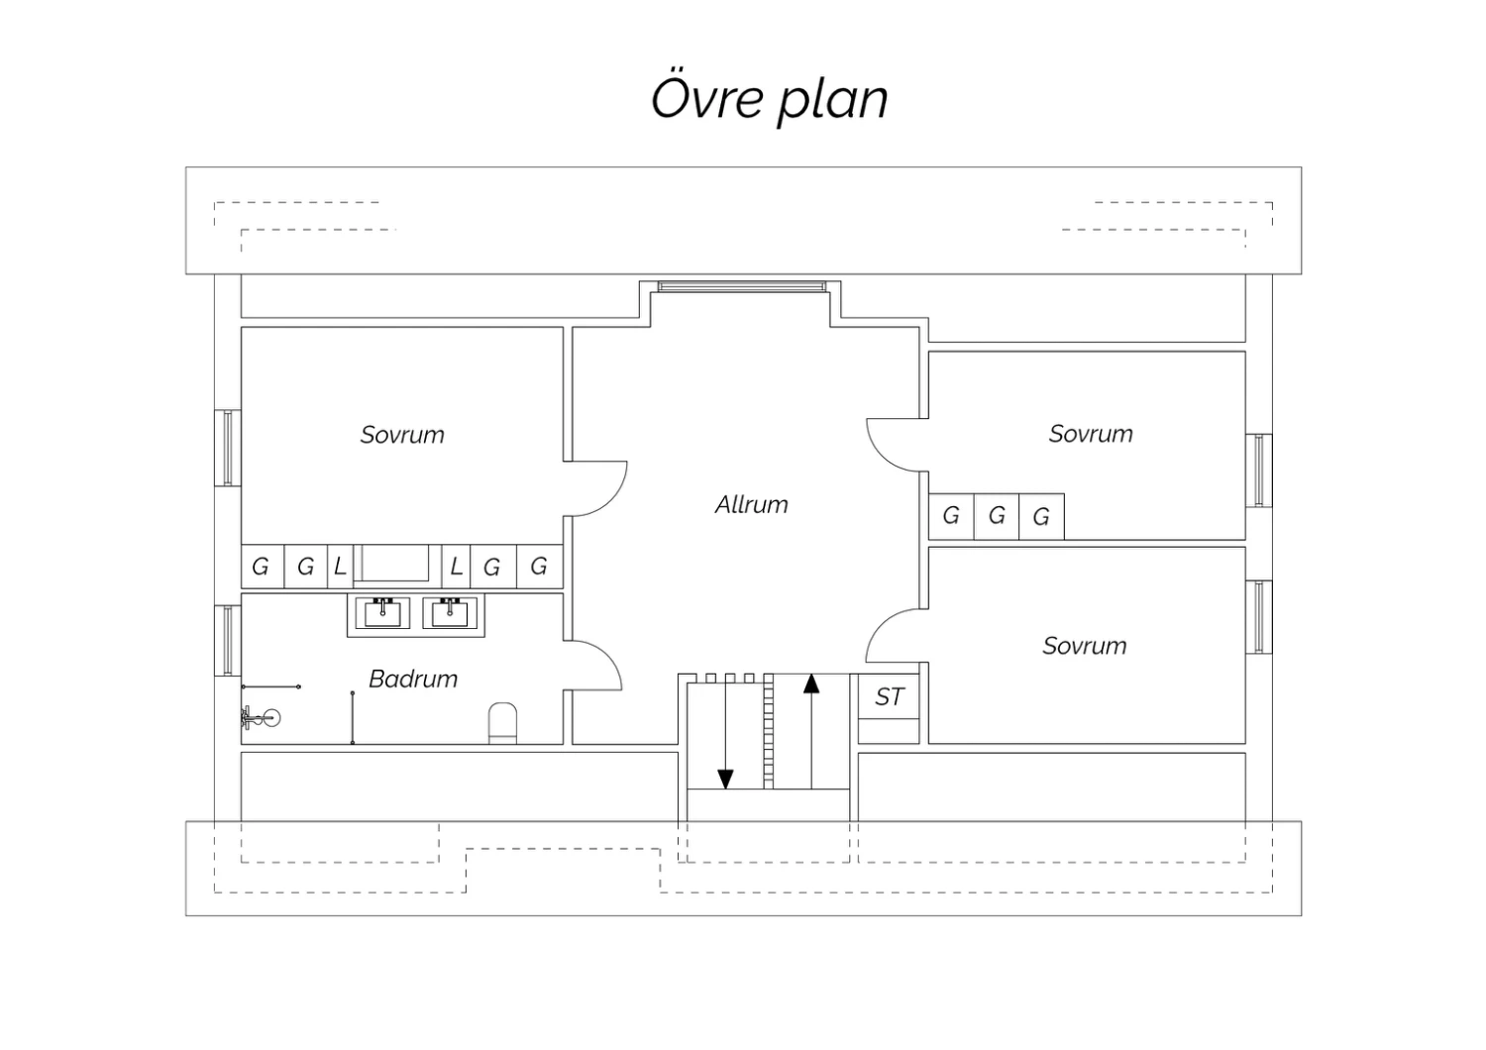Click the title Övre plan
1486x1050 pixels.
tap(770, 99)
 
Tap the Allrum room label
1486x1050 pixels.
tap(752, 505)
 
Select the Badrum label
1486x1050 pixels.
tap(413, 680)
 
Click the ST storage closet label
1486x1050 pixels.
tap(889, 697)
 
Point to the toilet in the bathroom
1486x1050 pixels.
tap(502, 723)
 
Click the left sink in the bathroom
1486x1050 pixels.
tap(382, 613)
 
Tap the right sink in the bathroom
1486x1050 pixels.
tap(450, 613)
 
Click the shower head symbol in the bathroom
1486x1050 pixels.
tap(261, 717)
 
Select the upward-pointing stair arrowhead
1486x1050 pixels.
tap(810, 683)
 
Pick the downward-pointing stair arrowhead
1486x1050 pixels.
tap(726, 780)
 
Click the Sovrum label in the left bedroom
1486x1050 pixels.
tap(402, 435)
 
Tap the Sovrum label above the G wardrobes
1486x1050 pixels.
tap(1091, 434)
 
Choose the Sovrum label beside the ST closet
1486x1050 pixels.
tap(1085, 646)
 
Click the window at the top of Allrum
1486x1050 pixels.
tap(742, 286)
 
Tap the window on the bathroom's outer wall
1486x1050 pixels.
tap(228, 641)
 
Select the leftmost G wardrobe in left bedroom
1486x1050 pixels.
tap(263, 567)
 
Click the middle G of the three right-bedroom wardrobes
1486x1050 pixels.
tap(997, 516)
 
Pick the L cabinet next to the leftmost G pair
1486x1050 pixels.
tap(341, 567)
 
